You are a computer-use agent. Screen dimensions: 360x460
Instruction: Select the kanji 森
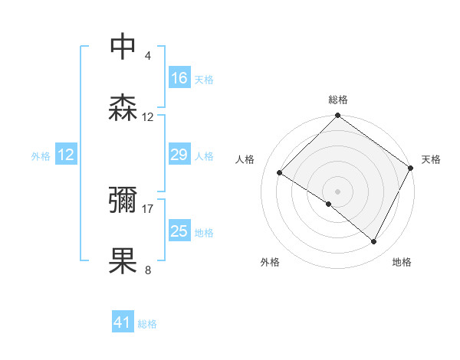tap(123, 108)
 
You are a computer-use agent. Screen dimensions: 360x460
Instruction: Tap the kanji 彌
tap(123, 201)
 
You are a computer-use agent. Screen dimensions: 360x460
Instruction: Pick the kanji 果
tap(123, 261)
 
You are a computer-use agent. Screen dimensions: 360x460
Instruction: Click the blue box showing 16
tap(179, 78)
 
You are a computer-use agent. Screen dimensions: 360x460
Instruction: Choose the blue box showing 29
tap(179, 155)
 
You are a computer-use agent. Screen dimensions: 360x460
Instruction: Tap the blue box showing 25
tap(179, 231)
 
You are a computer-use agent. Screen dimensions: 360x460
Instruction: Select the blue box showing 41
tap(123, 322)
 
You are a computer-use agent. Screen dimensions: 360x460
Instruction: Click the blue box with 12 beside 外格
tap(66, 155)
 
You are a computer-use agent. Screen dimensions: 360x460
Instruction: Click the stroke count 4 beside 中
tap(148, 56)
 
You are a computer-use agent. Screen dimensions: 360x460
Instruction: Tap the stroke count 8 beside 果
tap(148, 270)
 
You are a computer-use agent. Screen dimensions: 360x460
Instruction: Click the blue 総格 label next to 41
tap(147, 324)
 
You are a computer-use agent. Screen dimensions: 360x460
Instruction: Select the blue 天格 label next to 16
tap(204, 79)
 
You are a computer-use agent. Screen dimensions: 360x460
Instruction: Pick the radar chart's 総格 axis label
tap(338, 100)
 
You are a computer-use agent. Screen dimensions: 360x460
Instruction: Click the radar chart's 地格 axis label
tap(402, 262)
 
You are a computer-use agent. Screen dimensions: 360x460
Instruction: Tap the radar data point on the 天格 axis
tap(411, 168)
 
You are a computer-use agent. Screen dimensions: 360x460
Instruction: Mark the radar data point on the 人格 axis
tap(280, 172)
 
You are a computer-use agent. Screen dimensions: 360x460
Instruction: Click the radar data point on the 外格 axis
tap(329, 204)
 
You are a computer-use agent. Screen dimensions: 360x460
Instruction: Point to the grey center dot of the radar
tap(338, 191)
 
